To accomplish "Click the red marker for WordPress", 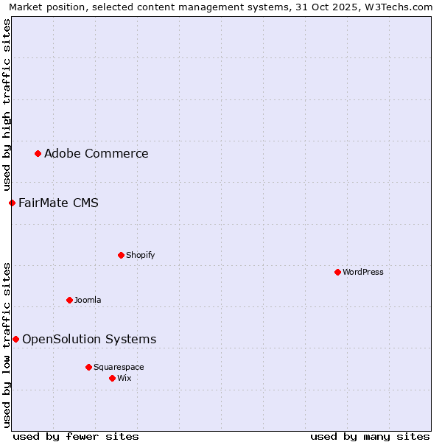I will click(337, 272).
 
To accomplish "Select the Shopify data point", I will click(121, 255).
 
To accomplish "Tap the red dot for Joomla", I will click(69, 300).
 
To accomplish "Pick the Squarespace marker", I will click(88, 367).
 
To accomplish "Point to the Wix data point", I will click(112, 378).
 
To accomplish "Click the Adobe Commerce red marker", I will click(38, 153).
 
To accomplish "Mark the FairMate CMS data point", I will click(12, 203).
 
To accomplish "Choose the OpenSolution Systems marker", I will click(15, 339).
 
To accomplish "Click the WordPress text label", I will click(363, 272).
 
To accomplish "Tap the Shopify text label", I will click(140, 255).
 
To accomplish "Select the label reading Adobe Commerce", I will click(96, 153).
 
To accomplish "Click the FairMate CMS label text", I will click(58, 203).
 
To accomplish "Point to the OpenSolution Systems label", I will click(89, 339).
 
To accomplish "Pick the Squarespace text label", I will click(119, 367).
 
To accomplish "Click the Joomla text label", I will click(88, 300).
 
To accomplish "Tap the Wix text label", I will click(124, 378).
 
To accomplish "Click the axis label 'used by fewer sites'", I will click(76, 436).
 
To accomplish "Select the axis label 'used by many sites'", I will click(370, 436).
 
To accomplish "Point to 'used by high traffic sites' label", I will click(7, 105).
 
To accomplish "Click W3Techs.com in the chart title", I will click(401, 7).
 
